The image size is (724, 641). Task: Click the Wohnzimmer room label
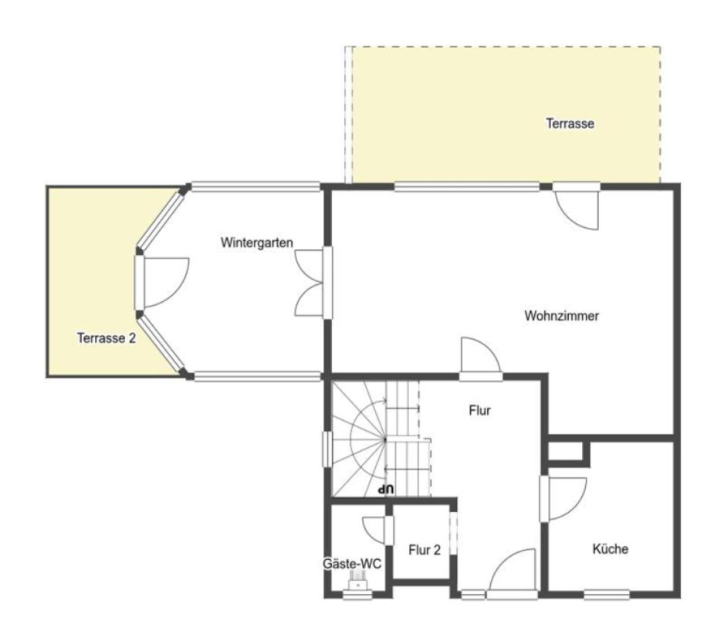click(x=561, y=316)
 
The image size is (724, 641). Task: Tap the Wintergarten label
click(x=257, y=242)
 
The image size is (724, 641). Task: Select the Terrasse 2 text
click(x=107, y=337)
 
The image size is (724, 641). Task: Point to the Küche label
click(x=611, y=548)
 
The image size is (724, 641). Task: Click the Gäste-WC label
click(x=352, y=564)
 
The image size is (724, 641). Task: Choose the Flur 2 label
click(x=425, y=550)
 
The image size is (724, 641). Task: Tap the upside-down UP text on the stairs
click(x=386, y=489)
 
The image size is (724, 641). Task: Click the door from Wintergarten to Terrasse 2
click(x=161, y=282)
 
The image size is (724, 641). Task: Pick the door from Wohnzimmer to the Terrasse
click(x=577, y=206)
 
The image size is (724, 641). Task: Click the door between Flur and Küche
click(x=563, y=499)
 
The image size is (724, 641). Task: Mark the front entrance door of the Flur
click(x=513, y=574)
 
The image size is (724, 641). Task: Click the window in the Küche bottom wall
click(x=607, y=595)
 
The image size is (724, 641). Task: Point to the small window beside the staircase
click(x=327, y=449)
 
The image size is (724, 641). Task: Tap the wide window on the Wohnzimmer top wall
click(x=467, y=187)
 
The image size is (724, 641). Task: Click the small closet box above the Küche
click(x=565, y=452)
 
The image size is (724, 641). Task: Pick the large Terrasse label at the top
click(x=570, y=124)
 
